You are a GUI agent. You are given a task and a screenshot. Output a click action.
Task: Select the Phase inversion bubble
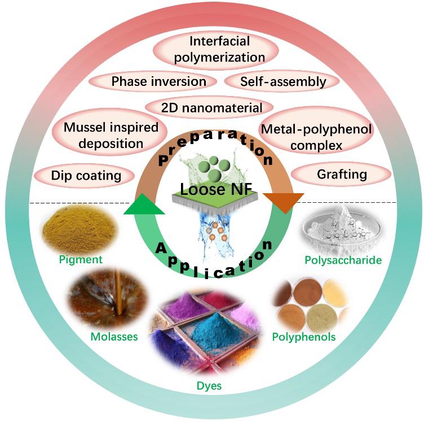tap(159, 81)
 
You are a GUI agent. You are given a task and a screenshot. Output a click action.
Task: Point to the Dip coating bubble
tap(86, 175)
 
